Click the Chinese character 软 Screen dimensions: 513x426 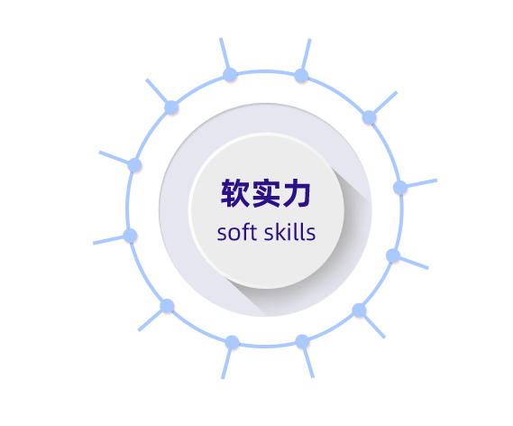(x=235, y=193)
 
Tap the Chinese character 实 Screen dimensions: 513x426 (x=266, y=193)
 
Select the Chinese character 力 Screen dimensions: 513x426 (x=297, y=193)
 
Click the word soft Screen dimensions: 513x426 (x=237, y=232)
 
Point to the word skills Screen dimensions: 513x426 (x=289, y=232)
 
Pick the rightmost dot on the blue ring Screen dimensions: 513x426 (x=400, y=188)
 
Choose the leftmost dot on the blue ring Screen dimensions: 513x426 (x=130, y=236)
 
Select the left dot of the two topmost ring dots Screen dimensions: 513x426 (x=230, y=75)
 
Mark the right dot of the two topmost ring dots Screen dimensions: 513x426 (x=301, y=76)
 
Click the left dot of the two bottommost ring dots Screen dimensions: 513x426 (x=232, y=342)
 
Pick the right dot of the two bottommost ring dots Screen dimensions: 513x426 (x=302, y=341)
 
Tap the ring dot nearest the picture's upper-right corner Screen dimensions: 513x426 (x=369, y=117)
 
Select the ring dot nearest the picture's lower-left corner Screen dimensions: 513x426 (x=167, y=306)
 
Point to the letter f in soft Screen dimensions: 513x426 (x=246, y=231)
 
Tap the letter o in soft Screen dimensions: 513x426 (x=235, y=234)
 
